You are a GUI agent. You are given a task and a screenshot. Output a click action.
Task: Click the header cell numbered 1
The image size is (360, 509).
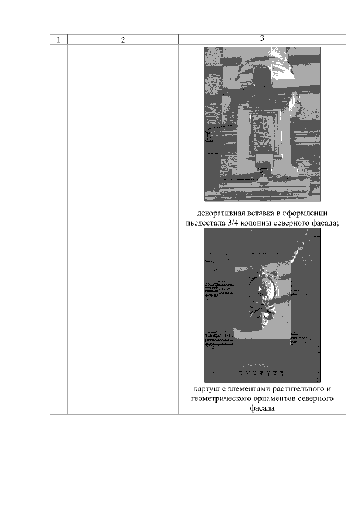point(58,40)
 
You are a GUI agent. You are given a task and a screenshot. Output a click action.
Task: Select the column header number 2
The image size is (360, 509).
point(123,40)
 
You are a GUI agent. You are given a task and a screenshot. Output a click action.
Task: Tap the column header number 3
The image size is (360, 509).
point(262,38)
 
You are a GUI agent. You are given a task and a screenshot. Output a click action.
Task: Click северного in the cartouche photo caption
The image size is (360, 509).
point(316,399)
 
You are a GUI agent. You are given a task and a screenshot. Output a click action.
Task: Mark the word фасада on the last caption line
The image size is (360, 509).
point(262,408)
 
